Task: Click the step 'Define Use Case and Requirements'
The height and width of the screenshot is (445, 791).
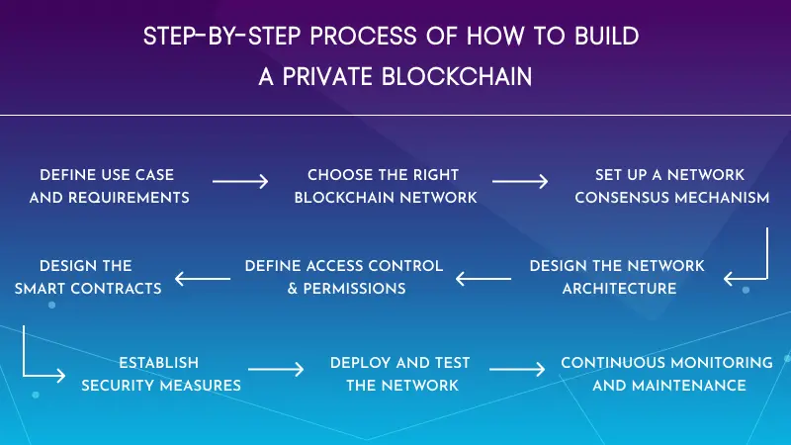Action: point(109,186)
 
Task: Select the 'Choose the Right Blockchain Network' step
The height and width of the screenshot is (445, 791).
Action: point(385,186)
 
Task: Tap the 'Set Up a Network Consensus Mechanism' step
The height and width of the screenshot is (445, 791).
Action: point(671,186)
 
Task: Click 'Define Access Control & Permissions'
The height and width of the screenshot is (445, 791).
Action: point(344,277)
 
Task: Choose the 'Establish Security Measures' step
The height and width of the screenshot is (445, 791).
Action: point(160,374)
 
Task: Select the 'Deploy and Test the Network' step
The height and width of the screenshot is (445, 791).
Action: point(401,374)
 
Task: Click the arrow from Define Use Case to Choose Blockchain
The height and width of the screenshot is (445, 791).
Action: point(240,182)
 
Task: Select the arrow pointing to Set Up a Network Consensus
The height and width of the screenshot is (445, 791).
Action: point(520,182)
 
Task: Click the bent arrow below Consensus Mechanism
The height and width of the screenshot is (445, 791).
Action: point(749,259)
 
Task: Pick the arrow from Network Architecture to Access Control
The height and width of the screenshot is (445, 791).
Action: point(483,280)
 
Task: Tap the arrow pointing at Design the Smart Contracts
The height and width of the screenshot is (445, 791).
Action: point(203,280)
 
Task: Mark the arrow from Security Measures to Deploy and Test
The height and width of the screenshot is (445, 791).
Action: point(277,370)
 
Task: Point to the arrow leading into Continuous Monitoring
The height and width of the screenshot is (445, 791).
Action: point(517,370)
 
